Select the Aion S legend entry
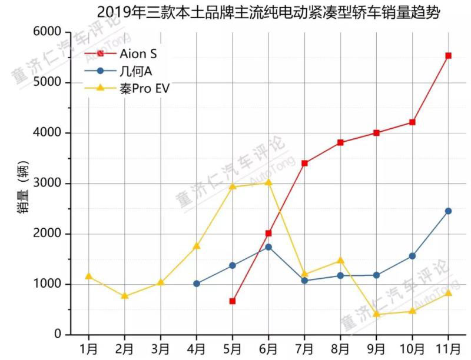[132, 54]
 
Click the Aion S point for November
[449, 56]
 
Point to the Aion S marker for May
[233, 301]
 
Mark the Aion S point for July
[304, 163]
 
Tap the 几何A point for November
[449, 211]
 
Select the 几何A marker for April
[197, 284]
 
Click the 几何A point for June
[268, 247]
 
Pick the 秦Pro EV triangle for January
[89, 276]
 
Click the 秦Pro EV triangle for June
[268, 182]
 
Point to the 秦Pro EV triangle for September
[376, 314]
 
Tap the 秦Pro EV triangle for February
[125, 296]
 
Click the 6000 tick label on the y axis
[49, 32]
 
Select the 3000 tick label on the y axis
[49, 184]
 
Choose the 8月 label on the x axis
[340, 348]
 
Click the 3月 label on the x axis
[161, 348]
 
